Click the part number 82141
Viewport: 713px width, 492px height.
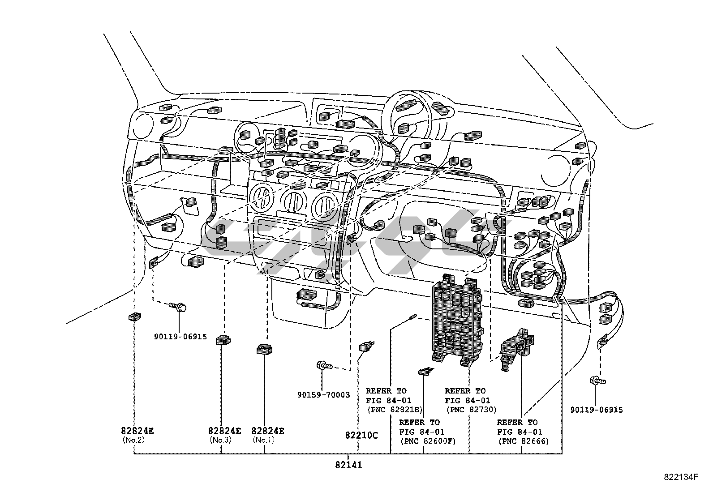[x=348, y=465]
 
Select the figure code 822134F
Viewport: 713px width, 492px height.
[x=681, y=477]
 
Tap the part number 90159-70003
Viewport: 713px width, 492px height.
[x=323, y=395]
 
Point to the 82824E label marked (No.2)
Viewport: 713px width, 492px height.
[x=137, y=431]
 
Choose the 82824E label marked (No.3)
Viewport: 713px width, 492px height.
[x=224, y=431]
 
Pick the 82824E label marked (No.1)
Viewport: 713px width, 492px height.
[x=267, y=431]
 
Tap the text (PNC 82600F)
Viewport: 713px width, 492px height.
[x=427, y=441]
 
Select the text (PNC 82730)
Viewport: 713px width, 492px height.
[x=471, y=409]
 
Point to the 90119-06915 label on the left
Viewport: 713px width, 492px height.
[x=180, y=336]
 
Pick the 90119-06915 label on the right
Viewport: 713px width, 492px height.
[x=596, y=410]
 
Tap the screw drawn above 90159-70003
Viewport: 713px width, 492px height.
[x=324, y=366]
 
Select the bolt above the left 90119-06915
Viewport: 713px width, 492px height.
[x=179, y=307]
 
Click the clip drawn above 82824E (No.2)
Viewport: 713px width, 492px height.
[x=134, y=317]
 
